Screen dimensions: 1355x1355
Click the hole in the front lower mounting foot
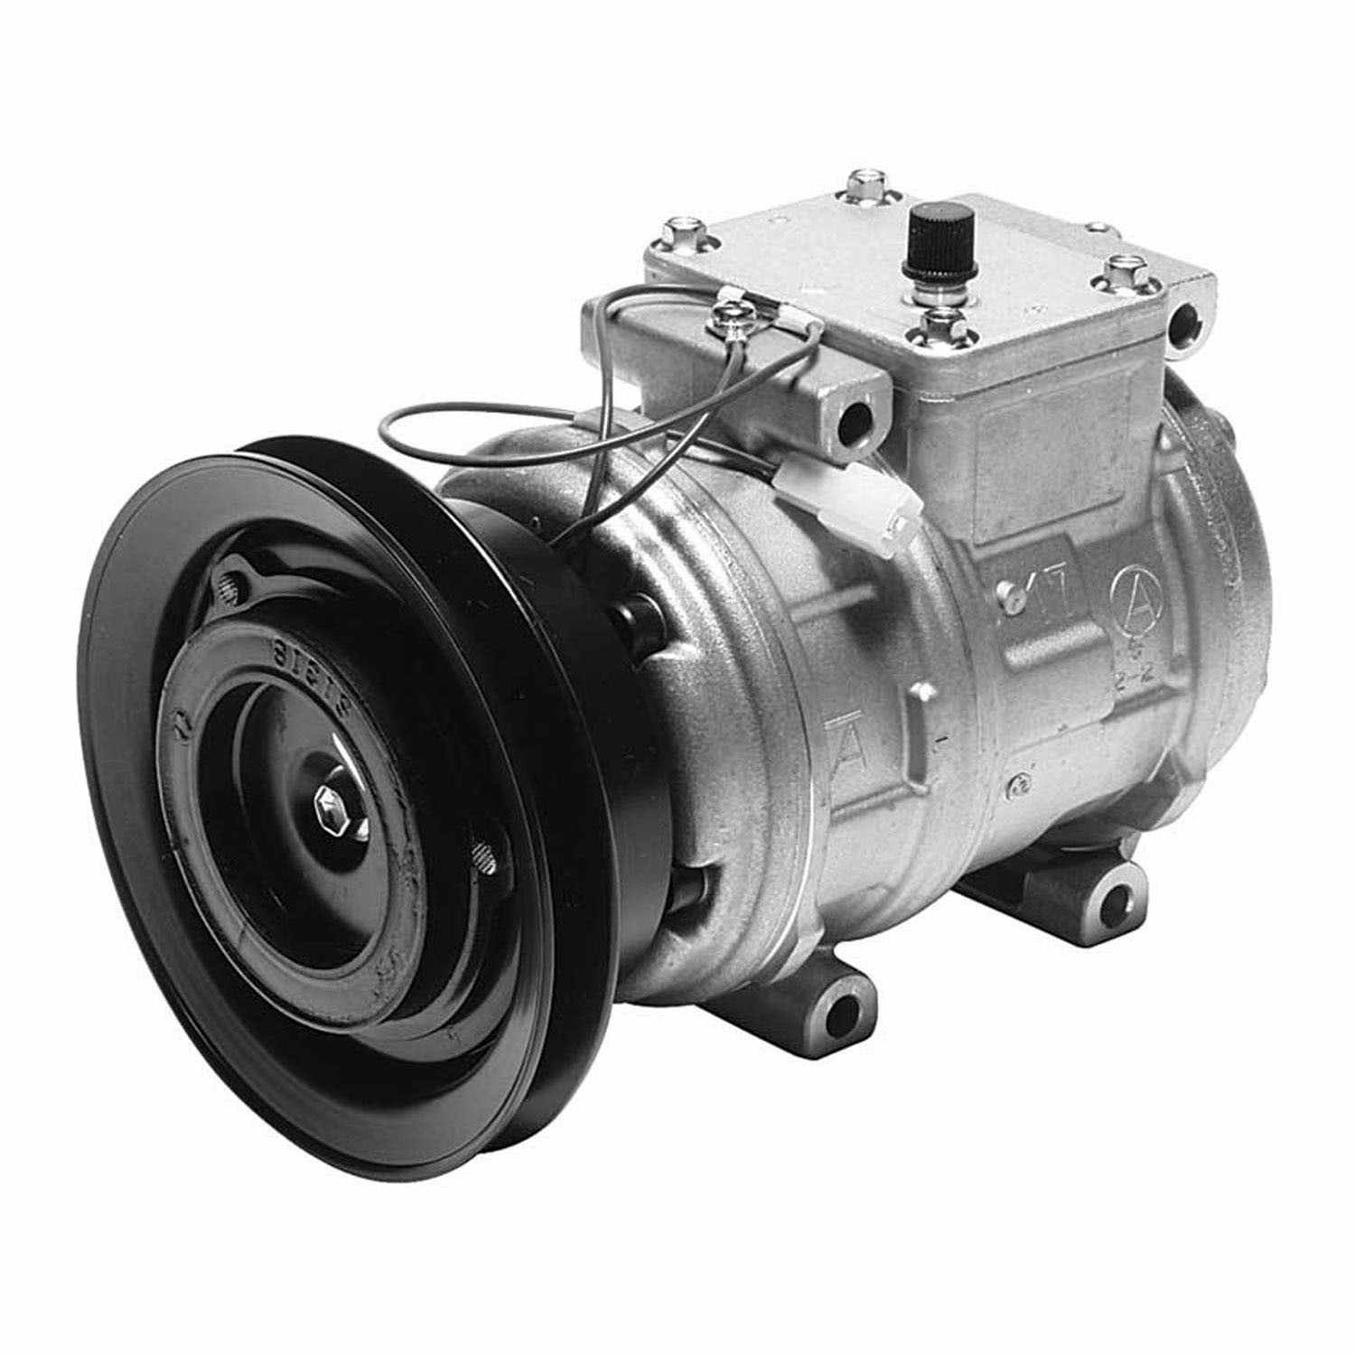843,1009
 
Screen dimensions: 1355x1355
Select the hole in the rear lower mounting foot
1117,902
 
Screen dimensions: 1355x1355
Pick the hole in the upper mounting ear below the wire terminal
851,416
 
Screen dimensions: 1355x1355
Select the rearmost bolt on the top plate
864,183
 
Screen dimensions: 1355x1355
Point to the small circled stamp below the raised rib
1019,785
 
